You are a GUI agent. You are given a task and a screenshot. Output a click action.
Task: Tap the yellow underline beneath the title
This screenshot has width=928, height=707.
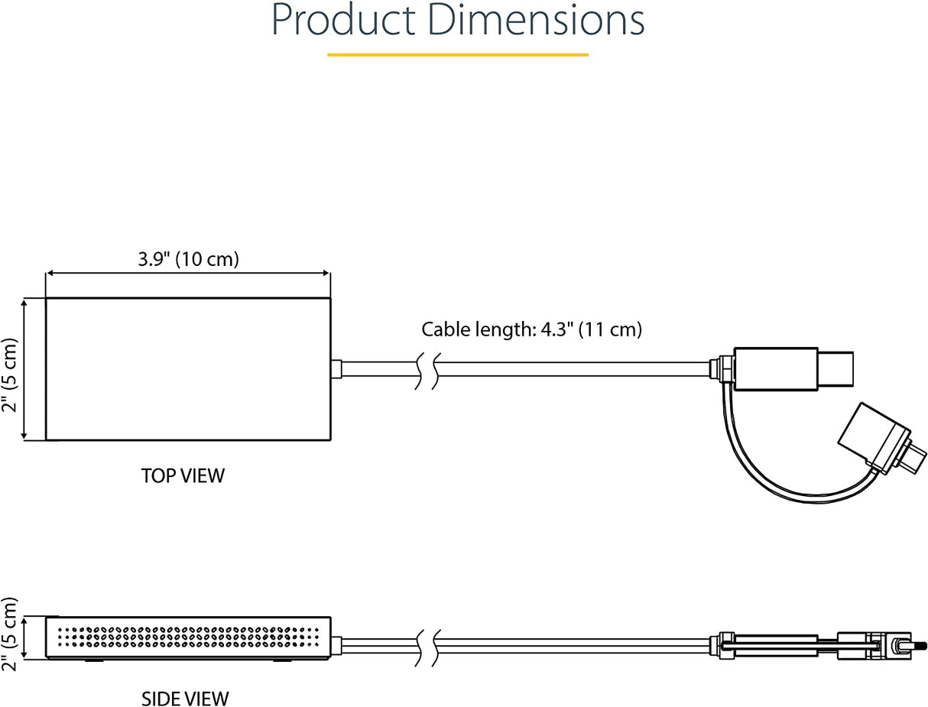pos(457,55)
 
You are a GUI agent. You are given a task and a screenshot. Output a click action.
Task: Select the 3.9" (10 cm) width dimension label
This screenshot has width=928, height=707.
pos(188,259)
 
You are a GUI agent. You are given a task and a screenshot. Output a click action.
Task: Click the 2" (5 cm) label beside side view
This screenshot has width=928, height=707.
pos(9,634)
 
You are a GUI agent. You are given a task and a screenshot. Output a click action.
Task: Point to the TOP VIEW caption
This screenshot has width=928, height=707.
pos(183,475)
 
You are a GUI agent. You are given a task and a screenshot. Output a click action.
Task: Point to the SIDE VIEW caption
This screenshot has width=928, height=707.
pos(185,698)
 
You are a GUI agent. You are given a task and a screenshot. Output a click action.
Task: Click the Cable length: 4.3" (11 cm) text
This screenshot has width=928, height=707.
pos(531,329)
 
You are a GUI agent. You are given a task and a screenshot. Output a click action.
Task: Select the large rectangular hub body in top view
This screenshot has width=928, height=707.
pos(188,368)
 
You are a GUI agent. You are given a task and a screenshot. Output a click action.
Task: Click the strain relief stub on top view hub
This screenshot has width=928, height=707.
pos(336,368)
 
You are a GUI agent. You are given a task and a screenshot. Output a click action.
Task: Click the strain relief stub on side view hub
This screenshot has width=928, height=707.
pos(336,644)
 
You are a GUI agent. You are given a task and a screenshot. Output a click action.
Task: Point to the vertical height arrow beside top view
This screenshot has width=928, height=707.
pos(24,368)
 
